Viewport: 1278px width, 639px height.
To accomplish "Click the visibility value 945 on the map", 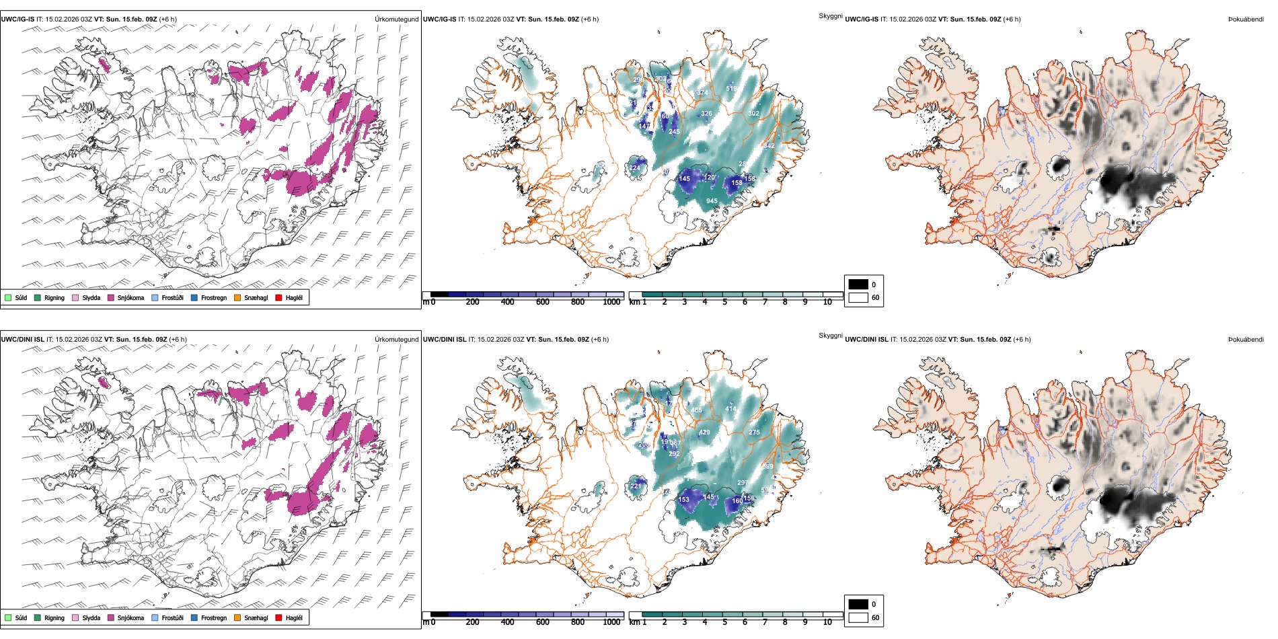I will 712,201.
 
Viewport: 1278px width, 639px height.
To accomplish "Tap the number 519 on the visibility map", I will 731,89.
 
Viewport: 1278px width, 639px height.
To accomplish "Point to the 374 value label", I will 701,93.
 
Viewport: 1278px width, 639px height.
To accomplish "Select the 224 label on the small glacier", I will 634,168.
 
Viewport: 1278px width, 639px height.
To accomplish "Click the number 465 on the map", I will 696,410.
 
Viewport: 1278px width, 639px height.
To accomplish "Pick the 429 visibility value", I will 704,433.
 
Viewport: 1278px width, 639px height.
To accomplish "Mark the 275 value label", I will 754,433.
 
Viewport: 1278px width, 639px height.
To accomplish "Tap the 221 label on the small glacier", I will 635,486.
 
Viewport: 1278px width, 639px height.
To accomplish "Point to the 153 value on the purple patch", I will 684,500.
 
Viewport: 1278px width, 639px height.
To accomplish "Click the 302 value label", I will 753,114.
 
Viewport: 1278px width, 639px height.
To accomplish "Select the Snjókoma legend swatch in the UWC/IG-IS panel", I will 111,298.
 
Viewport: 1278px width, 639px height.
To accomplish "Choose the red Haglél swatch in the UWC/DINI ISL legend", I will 278,617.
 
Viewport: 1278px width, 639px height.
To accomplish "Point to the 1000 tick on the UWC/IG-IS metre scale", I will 611,302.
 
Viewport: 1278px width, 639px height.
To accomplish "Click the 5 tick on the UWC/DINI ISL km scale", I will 724,622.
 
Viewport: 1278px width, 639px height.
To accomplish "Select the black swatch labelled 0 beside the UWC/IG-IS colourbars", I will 858,285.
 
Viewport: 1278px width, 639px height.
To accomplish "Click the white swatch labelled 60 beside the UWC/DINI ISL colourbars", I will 858,617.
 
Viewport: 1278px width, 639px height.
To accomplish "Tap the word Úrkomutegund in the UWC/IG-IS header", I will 396,20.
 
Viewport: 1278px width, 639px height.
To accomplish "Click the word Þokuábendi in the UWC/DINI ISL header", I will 1246,340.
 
